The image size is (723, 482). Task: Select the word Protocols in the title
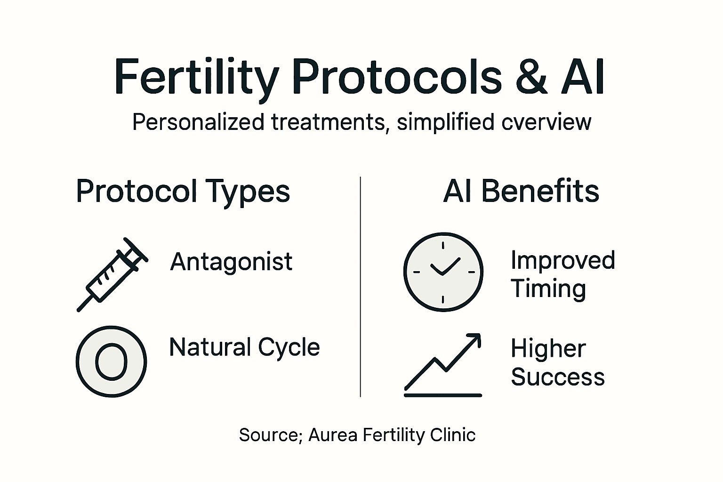point(397,77)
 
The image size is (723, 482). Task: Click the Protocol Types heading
point(183,192)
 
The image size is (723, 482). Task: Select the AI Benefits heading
point(521,192)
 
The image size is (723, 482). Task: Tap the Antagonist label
point(231,262)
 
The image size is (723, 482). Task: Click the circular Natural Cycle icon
point(111,361)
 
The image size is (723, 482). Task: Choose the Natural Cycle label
point(244,348)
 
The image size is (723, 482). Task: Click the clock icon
point(443,272)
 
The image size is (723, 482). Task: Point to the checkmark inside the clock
point(444,266)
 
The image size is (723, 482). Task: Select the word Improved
point(562,260)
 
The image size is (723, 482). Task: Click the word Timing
point(548,289)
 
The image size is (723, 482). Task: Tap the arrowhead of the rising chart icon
point(475,339)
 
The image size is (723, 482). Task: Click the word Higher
point(548,349)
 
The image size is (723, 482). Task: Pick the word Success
point(557,377)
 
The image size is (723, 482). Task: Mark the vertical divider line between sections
point(360,287)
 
